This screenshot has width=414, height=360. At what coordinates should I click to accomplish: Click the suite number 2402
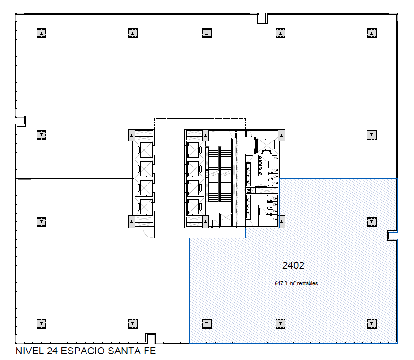tap(293, 265)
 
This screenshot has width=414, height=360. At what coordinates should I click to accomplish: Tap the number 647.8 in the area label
tap(281, 284)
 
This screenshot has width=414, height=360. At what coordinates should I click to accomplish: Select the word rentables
tap(307, 284)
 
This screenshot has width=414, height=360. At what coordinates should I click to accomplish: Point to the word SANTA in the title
tap(124, 351)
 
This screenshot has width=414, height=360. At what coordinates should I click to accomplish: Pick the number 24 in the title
tap(52, 351)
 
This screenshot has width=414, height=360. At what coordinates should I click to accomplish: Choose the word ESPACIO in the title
tap(83, 351)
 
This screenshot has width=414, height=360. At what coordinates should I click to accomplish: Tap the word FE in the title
tap(150, 351)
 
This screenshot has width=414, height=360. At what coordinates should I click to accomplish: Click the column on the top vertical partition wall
tap(207, 33)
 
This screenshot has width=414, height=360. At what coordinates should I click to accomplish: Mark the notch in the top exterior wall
tap(262, 18)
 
